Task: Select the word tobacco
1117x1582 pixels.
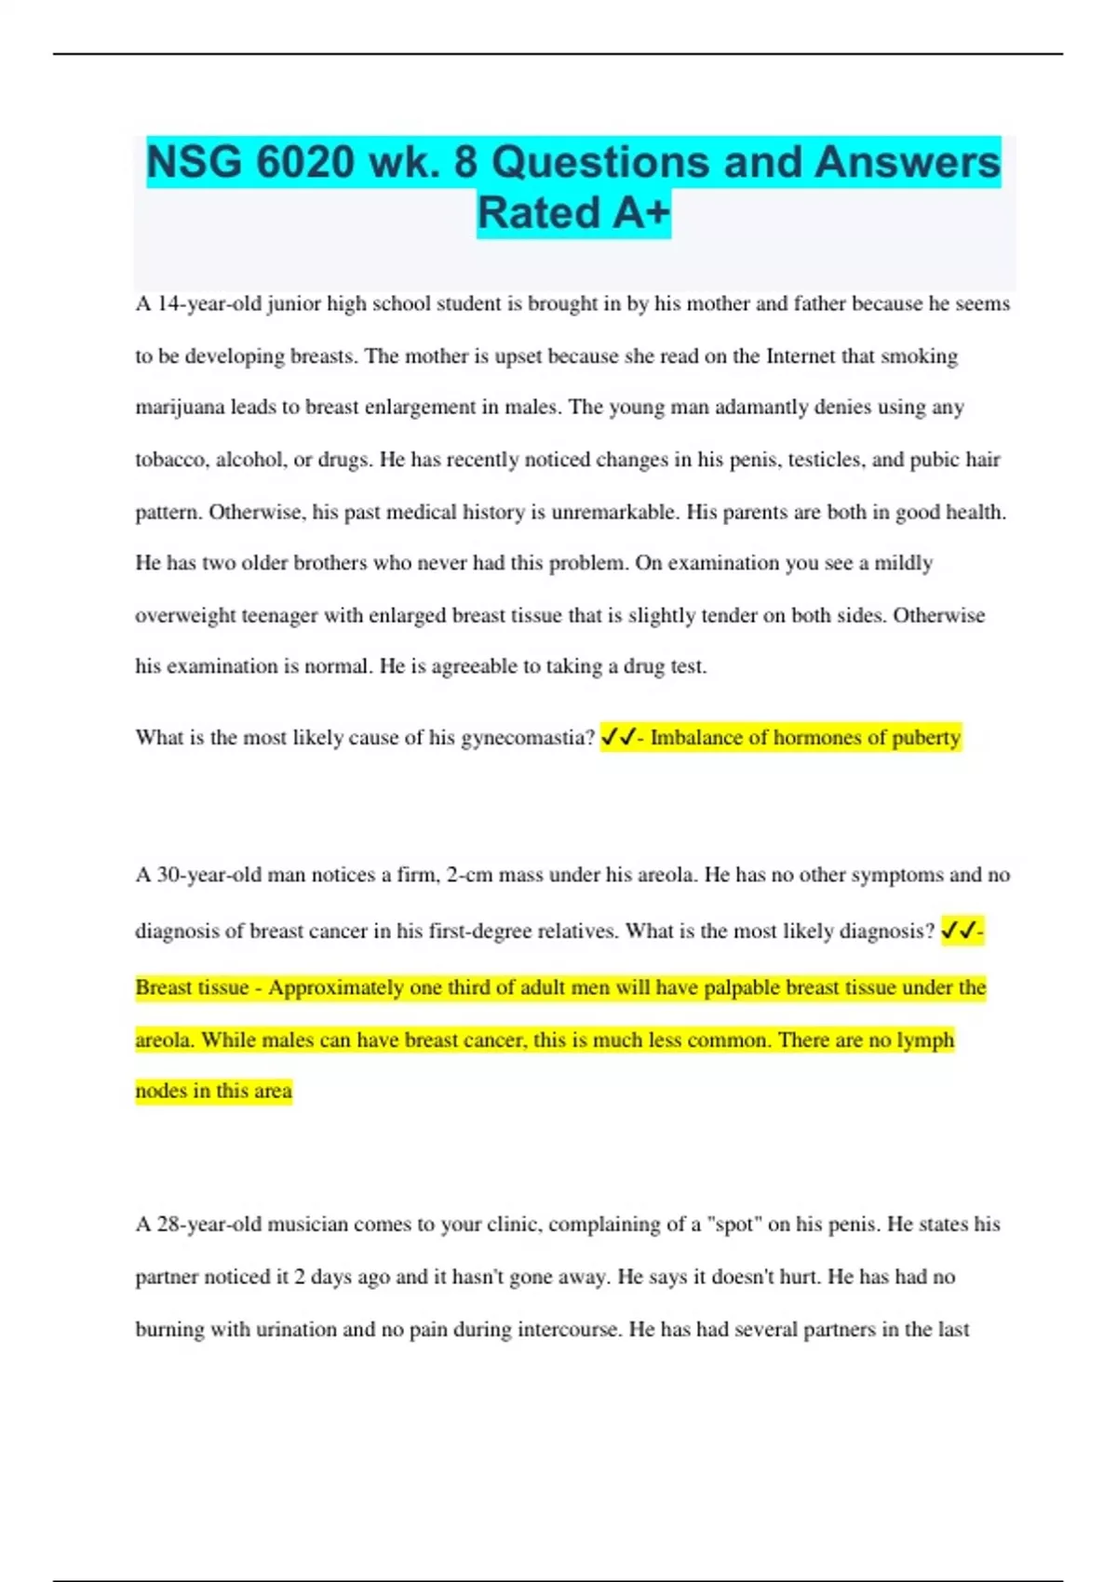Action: (171, 460)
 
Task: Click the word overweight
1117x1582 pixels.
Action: (184, 615)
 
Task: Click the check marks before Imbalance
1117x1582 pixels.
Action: (618, 738)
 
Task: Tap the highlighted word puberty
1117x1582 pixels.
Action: (925, 738)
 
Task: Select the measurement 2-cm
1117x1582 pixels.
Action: (470, 875)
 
